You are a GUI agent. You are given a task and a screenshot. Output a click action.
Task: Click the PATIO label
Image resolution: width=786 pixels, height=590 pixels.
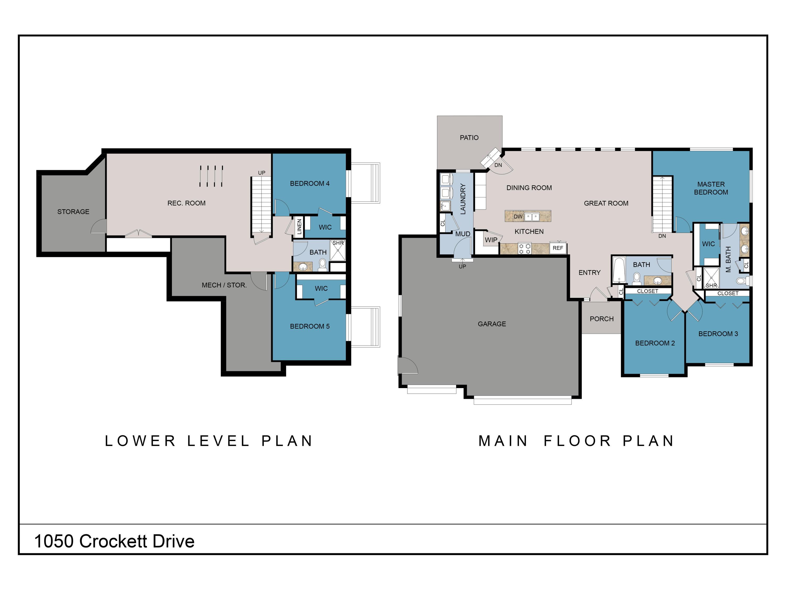tap(469, 138)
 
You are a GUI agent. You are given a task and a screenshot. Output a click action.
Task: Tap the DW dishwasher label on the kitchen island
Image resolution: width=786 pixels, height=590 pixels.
tap(518, 217)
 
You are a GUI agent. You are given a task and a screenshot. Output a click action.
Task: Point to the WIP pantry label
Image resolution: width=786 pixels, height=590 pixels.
tap(491, 240)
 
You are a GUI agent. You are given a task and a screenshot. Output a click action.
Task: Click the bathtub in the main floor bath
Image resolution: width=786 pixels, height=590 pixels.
tap(619, 270)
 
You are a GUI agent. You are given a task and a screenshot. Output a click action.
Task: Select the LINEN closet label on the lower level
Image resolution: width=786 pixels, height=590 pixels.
tap(299, 227)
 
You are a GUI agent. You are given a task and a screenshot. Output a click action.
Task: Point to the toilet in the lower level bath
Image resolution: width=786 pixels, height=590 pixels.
tap(323, 265)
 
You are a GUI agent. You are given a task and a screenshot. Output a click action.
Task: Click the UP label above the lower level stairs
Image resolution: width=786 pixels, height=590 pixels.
tap(261, 173)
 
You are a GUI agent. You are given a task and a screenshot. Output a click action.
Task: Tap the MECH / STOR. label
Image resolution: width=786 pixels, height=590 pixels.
tap(224, 285)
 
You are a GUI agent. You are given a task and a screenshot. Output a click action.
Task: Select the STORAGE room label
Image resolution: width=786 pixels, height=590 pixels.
tap(73, 212)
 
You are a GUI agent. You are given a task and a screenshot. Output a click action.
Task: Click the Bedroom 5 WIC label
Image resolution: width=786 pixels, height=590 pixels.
tap(321, 288)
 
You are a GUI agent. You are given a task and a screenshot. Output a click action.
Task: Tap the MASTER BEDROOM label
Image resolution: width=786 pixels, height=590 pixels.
tap(711, 188)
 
